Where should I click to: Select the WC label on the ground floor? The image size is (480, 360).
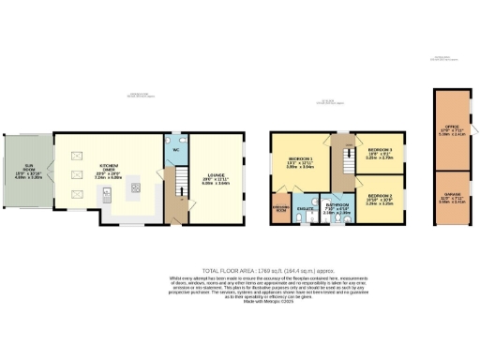(176, 150)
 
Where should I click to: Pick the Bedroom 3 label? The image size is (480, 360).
(380, 155)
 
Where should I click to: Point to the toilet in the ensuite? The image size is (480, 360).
(295, 217)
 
